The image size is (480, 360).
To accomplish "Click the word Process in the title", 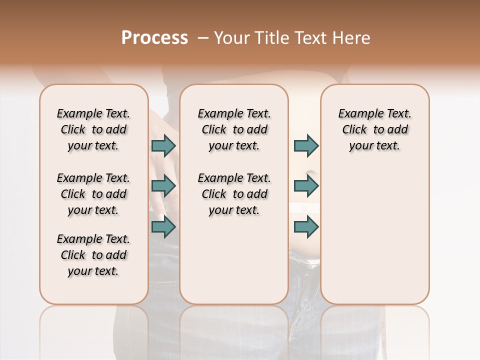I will pos(154,38).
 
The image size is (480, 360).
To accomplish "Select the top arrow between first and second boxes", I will pos(163,146).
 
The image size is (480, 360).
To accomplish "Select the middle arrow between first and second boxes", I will pos(163,186).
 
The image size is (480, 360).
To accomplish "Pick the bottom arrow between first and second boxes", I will pos(163,227).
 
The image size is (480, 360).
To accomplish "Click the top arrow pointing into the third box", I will pos(306,146).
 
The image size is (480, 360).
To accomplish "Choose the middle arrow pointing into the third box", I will pos(306,186).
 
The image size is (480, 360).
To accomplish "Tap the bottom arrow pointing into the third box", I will pos(306,227).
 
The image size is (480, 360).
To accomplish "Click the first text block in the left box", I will pos(93,129).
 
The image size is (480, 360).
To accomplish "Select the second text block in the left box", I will pos(93,194).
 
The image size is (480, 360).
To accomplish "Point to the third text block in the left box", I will pos(93,255).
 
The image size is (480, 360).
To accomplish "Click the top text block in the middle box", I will pos(234,129).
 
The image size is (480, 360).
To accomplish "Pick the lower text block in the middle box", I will pos(234,194).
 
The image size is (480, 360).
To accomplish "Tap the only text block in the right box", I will pos(374,129).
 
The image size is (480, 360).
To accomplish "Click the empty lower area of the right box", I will pos(374,230).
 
